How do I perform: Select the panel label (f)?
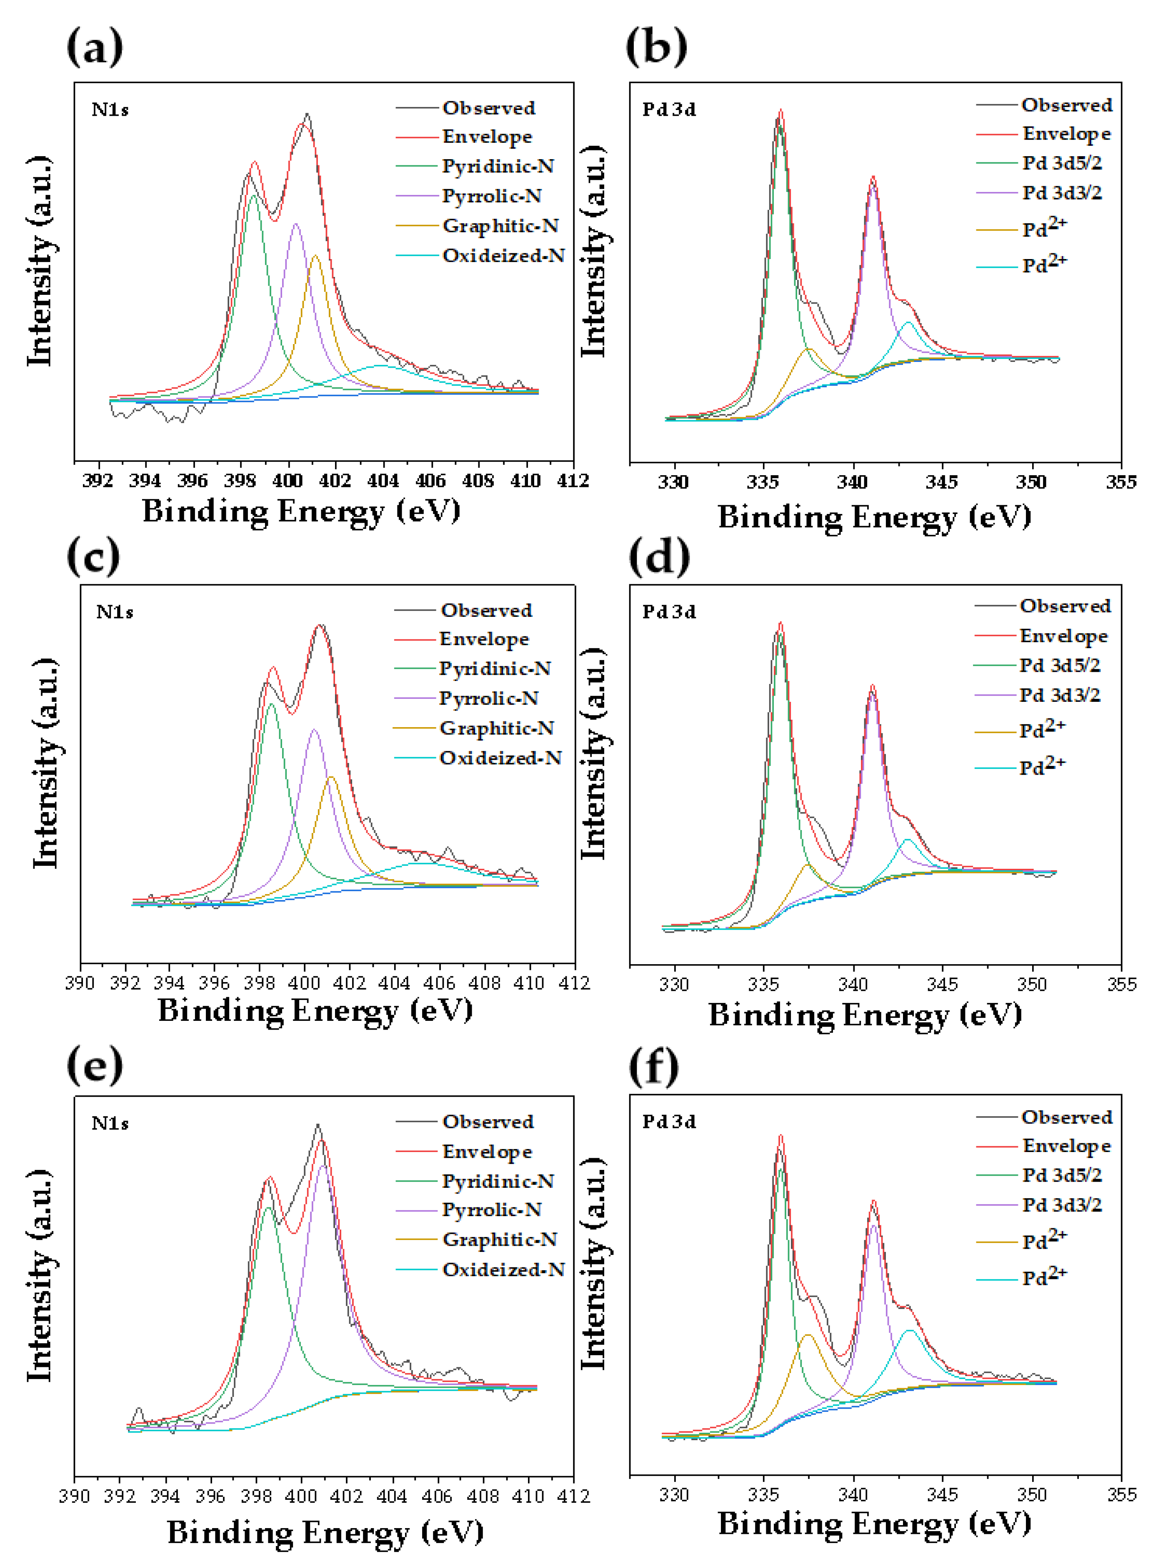pos(653,1067)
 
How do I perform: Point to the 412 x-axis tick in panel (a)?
pos(573,481)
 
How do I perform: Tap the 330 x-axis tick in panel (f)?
pos(674,1494)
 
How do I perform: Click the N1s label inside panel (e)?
pos(110,1123)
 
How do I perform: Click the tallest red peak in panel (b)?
pos(781,111)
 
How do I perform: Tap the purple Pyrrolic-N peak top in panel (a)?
pos(295,224)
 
